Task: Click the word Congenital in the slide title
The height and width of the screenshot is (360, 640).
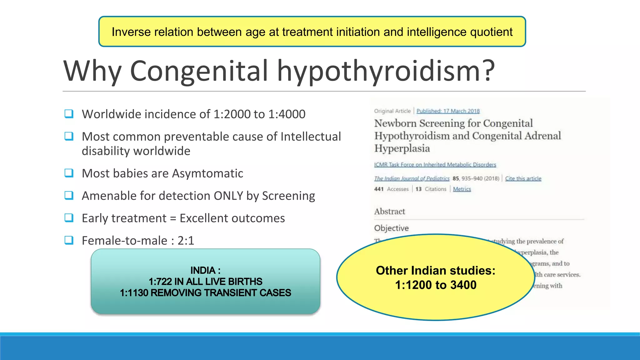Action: (199, 71)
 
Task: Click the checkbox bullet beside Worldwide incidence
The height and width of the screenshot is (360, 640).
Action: (69, 113)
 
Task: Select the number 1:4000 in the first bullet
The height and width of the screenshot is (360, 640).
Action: (287, 114)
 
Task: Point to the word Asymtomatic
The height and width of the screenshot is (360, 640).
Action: (207, 173)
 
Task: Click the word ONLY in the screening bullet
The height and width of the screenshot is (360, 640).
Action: (228, 196)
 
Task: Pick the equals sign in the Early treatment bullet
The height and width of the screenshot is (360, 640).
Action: (173, 218)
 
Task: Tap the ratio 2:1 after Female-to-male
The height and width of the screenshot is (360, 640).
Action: (186, 241)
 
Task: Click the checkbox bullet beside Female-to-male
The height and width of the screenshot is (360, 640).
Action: (69, 240)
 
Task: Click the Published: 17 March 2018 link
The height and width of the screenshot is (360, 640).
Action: (448, 111)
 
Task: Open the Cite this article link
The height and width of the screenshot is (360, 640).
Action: (523, 178)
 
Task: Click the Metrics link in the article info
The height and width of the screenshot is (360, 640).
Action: (462, 189)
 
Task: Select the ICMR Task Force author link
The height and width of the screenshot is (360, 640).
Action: (435, 165)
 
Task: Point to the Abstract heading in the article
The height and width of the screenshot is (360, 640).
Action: (389, 212)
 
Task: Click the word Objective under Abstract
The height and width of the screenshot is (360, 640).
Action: (391, 228)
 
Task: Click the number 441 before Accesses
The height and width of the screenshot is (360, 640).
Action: (379, 189)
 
